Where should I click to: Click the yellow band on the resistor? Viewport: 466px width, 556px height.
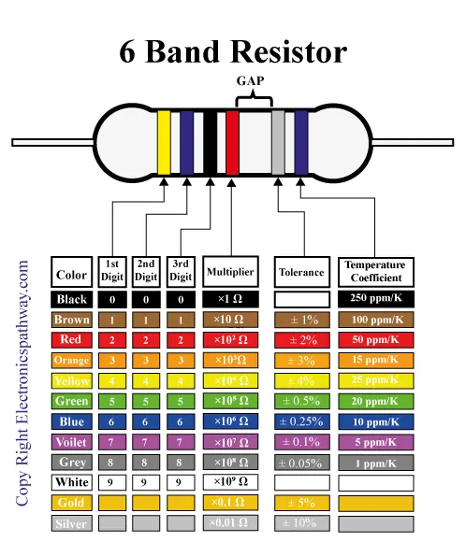click(x=164, y=141)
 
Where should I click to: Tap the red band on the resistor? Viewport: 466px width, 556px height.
click(x=232, y=141)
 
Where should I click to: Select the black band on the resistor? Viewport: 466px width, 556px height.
click(x=211, y=141)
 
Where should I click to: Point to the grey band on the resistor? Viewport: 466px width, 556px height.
click(x=278, y=141)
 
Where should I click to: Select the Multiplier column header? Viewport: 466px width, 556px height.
click(x=229, y=272)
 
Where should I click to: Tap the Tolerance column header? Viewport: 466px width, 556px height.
click(x=301, y=273)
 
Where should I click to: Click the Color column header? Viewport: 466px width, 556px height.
click(x=72, y=275)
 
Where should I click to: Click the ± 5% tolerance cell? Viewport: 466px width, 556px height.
click(x=301, y=503)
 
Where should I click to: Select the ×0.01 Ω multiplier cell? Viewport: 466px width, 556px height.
click(x=229, y=523)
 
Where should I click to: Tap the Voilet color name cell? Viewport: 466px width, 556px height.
click(x=72, y=442)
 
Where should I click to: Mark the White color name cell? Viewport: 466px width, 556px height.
click(x=72, y=482)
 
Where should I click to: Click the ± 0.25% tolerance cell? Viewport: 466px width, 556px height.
click(x=301, y=421)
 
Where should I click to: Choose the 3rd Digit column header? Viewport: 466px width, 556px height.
click(x=181, y=271)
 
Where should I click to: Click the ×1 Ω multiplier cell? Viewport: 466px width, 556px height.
click(x=229, y=300)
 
